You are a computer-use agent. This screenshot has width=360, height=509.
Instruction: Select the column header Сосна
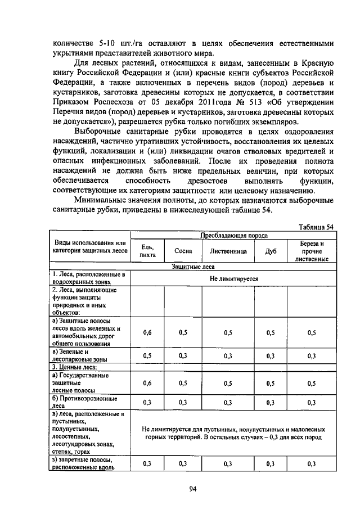click(183, 251)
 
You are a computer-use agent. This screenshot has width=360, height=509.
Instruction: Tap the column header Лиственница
click(228, 251)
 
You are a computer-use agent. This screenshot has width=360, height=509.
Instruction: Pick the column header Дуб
click(271, 251)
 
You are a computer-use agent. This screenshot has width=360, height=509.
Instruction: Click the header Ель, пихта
click(147, 251)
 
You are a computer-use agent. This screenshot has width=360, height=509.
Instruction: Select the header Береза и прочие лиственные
click(311, 251)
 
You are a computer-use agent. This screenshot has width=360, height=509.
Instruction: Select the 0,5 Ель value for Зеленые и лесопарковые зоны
click(147, 355)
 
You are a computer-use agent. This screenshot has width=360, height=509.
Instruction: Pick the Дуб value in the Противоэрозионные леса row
click(271, 402)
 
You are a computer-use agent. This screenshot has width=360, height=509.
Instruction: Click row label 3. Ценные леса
click(73, 366)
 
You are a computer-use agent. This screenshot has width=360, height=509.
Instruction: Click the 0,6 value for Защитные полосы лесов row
click(147, 332)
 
